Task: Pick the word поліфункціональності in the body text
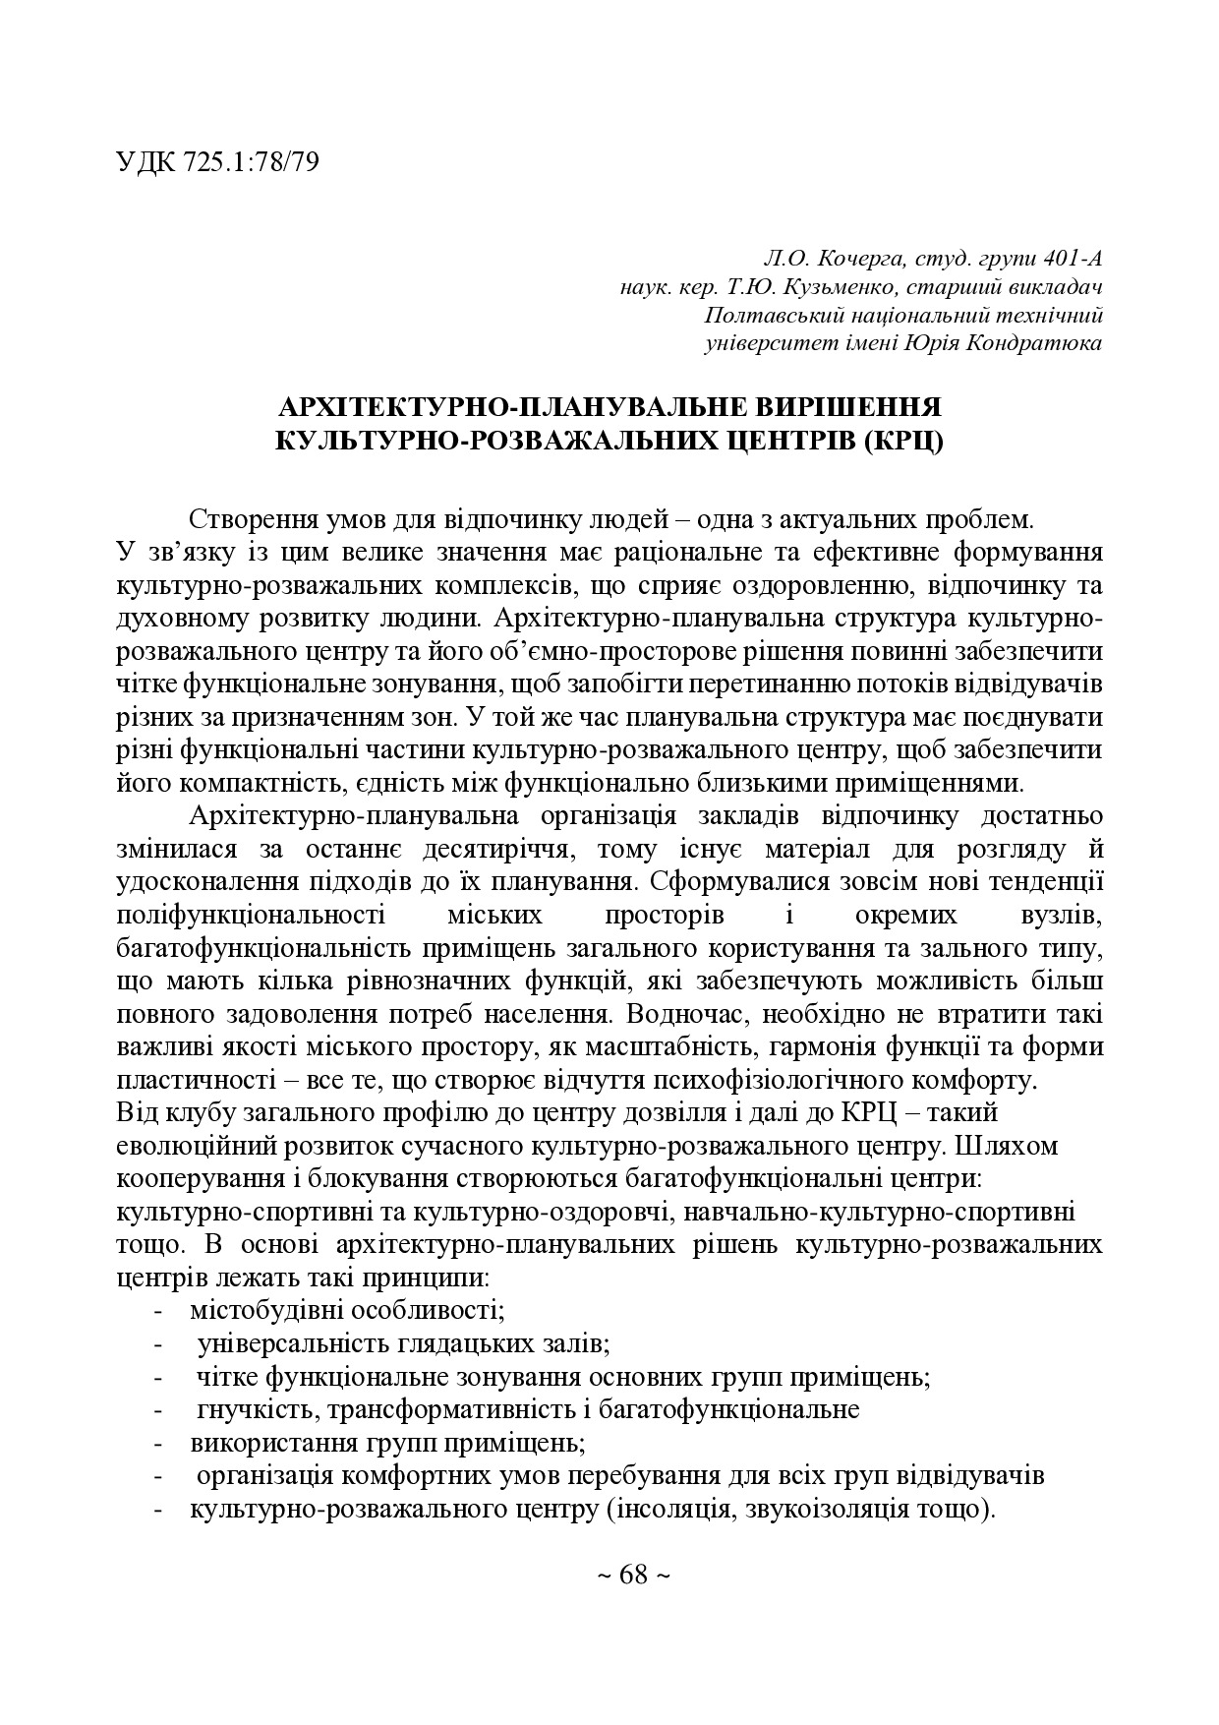point(251,915)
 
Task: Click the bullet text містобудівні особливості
point(347,1311)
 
